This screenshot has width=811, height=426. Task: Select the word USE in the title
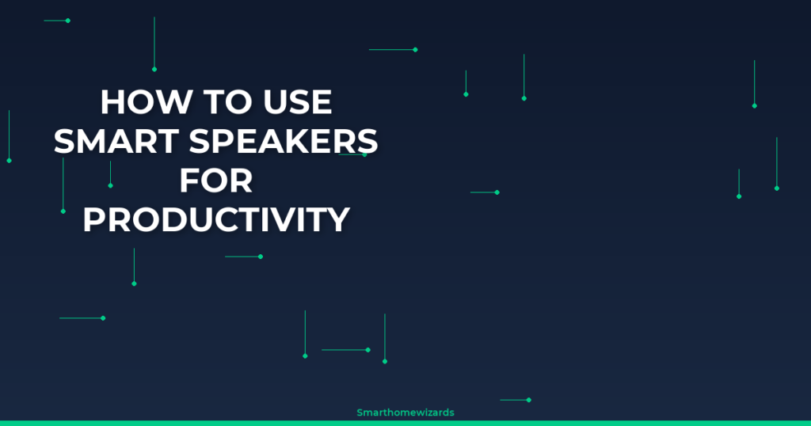(298, 102)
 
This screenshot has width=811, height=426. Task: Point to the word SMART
(116, 141)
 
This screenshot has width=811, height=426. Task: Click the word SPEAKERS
(284, 141)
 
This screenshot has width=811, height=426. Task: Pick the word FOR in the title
(216, 181)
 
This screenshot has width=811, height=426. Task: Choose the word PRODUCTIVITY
(216, 219)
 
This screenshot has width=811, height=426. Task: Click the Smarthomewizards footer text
(405, 413)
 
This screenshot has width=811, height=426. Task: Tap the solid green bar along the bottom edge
(405, 424)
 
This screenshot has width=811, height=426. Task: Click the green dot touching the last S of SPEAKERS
(364, 154)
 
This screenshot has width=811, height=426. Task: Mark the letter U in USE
(275, 102)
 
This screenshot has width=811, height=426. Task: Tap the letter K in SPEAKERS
(310, 141)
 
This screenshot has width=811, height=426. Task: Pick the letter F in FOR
(189, 181)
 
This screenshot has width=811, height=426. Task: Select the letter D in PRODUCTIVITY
(172, 219)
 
